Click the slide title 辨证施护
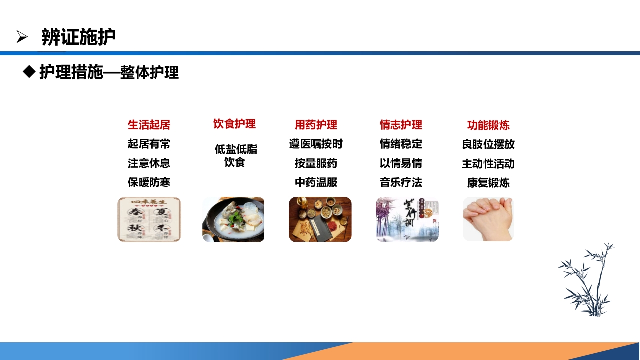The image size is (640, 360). point(79,37)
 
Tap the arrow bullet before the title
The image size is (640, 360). point(22,37)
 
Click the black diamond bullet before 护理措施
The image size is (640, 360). point(29,72)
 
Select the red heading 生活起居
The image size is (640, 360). point(149,125)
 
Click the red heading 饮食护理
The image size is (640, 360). point(234,124)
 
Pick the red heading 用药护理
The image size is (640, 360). point(316,125)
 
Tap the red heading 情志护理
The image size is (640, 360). point(401,125)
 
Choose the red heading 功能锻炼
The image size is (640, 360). point(488,125)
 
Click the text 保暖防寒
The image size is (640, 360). point(149,182)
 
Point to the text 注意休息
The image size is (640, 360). point(149,163)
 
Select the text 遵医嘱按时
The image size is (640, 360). point(316,144)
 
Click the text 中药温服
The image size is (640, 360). point(316,182)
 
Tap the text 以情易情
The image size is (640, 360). point(401,163)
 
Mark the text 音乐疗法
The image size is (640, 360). point(401,182)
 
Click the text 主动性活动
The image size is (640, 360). point(488,164)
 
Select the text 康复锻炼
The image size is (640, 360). point(488,183)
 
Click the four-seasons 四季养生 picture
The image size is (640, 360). point(149,219)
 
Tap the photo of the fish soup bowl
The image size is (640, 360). point(233,219)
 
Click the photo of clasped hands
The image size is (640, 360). point(488,219)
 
